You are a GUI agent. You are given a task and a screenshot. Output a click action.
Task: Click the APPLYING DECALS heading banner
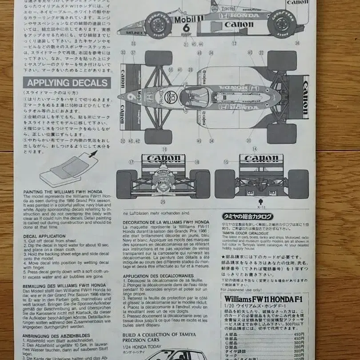67,83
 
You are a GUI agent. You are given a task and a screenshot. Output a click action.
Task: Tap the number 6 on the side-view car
187,27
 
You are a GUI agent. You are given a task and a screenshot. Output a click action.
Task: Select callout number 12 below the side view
234,44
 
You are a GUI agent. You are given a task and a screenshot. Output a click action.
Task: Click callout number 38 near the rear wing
297,44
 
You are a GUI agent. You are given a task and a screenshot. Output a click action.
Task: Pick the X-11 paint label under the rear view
260,206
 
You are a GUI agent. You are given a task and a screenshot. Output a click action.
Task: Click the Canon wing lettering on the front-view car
163,158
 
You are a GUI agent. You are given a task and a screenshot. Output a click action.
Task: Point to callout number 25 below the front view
163,201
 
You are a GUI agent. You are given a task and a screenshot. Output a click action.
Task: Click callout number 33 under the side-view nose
133,44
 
